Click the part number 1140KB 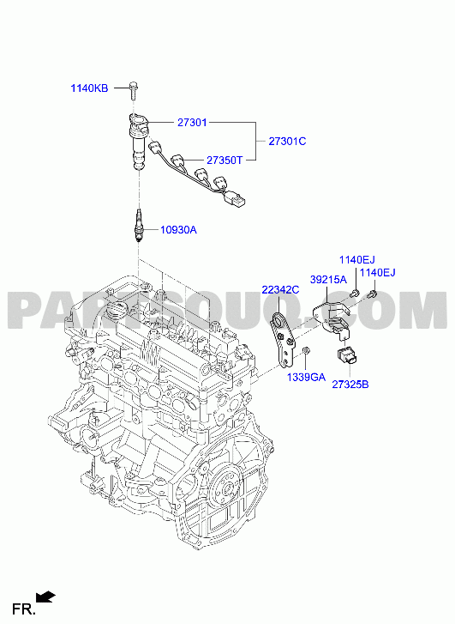pos(89,88)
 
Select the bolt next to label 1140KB pos(134,90)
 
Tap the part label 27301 pos(192,123)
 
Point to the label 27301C pos(288,142)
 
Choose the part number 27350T pos(225,160)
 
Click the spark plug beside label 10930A pos(138,225)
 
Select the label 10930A pos(178,230)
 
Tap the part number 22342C pos(280,290)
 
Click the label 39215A pos(329,279)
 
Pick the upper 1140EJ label pos(356,260)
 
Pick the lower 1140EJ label pos(378,273)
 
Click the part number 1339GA pos(307,377)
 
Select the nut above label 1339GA pos(306,350)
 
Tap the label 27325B pos(350,385)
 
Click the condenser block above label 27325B pos(347,355)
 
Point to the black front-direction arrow pos(45,597)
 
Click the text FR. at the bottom pos(24,609)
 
